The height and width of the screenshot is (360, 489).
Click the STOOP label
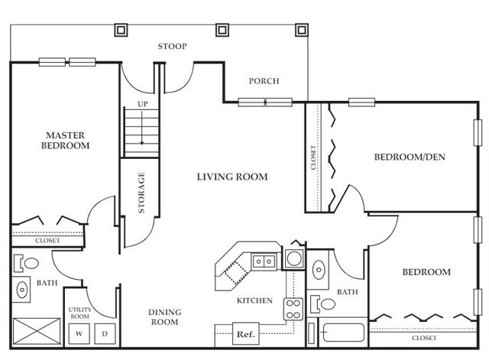172,47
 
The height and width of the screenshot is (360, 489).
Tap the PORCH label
264,81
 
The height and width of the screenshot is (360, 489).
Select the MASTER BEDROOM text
65,141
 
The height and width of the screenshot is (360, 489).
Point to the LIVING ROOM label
232,177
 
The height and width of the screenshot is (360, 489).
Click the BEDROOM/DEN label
410,157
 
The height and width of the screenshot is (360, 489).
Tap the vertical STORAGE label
141,193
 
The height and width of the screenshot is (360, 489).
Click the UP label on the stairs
143,104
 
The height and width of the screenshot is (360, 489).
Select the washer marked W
79,334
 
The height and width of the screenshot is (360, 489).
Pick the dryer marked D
105,334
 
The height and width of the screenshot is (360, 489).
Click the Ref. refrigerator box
246,334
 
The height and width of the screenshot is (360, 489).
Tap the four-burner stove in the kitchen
293,309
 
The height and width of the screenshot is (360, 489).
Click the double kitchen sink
264,261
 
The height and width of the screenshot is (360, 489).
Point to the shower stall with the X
37,331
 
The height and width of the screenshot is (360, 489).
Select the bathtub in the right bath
343,332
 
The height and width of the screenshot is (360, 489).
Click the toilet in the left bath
26,263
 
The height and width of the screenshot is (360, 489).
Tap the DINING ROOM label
165,317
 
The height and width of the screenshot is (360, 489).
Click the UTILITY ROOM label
79,313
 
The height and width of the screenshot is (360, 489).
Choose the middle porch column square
222,31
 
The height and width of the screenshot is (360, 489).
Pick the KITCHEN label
254,300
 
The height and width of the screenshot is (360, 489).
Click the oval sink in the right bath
319,270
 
